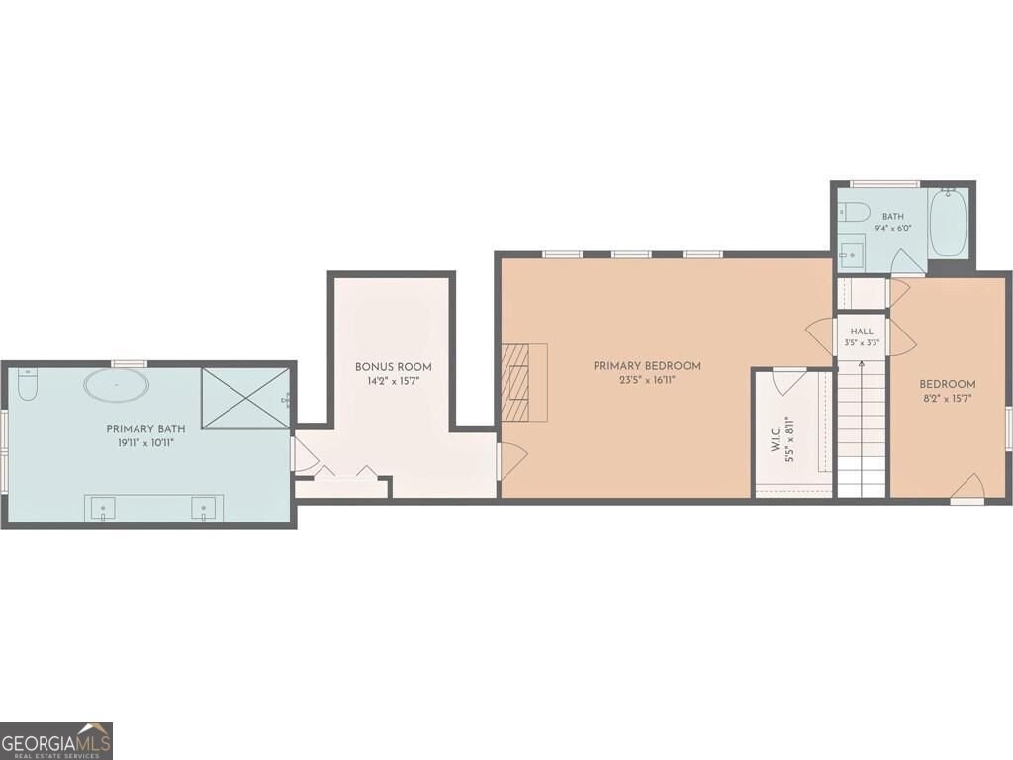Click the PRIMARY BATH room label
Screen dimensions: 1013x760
coord(145,429)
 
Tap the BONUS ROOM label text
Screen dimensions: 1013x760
coord(394,367)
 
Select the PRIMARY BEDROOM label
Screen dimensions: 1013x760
coord(647,366)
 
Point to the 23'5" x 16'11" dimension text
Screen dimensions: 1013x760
coord(647,381)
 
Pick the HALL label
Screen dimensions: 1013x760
coord(862,332)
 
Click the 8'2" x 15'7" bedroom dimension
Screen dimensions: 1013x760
coord(947,399)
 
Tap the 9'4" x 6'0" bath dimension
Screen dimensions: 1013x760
coord(893,229)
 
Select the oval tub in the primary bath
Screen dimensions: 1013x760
coord(117,385)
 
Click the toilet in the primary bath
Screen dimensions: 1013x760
coord(28,384)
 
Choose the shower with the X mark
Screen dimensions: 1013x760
coord(245,398)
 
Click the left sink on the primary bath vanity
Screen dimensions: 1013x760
coord(102,508)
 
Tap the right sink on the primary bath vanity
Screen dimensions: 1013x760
coord(203,508)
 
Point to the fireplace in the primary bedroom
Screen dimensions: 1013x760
coord(524,383)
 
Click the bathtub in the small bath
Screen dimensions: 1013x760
coord(948,223)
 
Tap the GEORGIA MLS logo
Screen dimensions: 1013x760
coord(56,740)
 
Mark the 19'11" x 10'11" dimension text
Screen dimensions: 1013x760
coord(145,444)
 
